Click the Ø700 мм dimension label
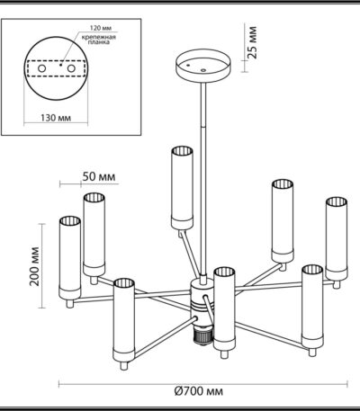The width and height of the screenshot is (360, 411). click(198, 391)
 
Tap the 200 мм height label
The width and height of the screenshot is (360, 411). click(35, 266)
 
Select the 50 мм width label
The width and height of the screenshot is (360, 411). click(99, 176)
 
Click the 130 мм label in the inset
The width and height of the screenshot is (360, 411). click(56, 118)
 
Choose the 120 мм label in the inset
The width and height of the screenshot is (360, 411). click(101, 28)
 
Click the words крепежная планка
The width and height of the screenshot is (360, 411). click(99, 40)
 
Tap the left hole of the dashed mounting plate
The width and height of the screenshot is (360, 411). click(41, 68)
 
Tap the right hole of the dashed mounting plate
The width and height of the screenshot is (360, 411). click(71, 68)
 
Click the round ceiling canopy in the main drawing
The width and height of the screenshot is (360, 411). click(203, 66)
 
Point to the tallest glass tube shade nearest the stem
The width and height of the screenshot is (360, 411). click(182, 188)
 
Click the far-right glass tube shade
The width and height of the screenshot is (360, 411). click(337, 238)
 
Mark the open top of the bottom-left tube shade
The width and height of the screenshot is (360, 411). click(124, 283)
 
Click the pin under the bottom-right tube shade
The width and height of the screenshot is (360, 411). click(312, 353)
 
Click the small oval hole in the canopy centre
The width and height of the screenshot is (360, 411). click(203, 70)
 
